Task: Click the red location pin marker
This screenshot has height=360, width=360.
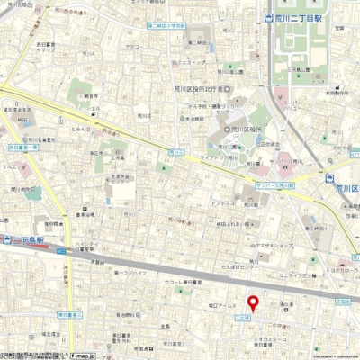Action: (x=253, y=303)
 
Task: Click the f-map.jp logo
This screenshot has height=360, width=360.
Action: (x=80, y=355)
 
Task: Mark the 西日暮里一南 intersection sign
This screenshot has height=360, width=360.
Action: (x=24, y=143)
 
